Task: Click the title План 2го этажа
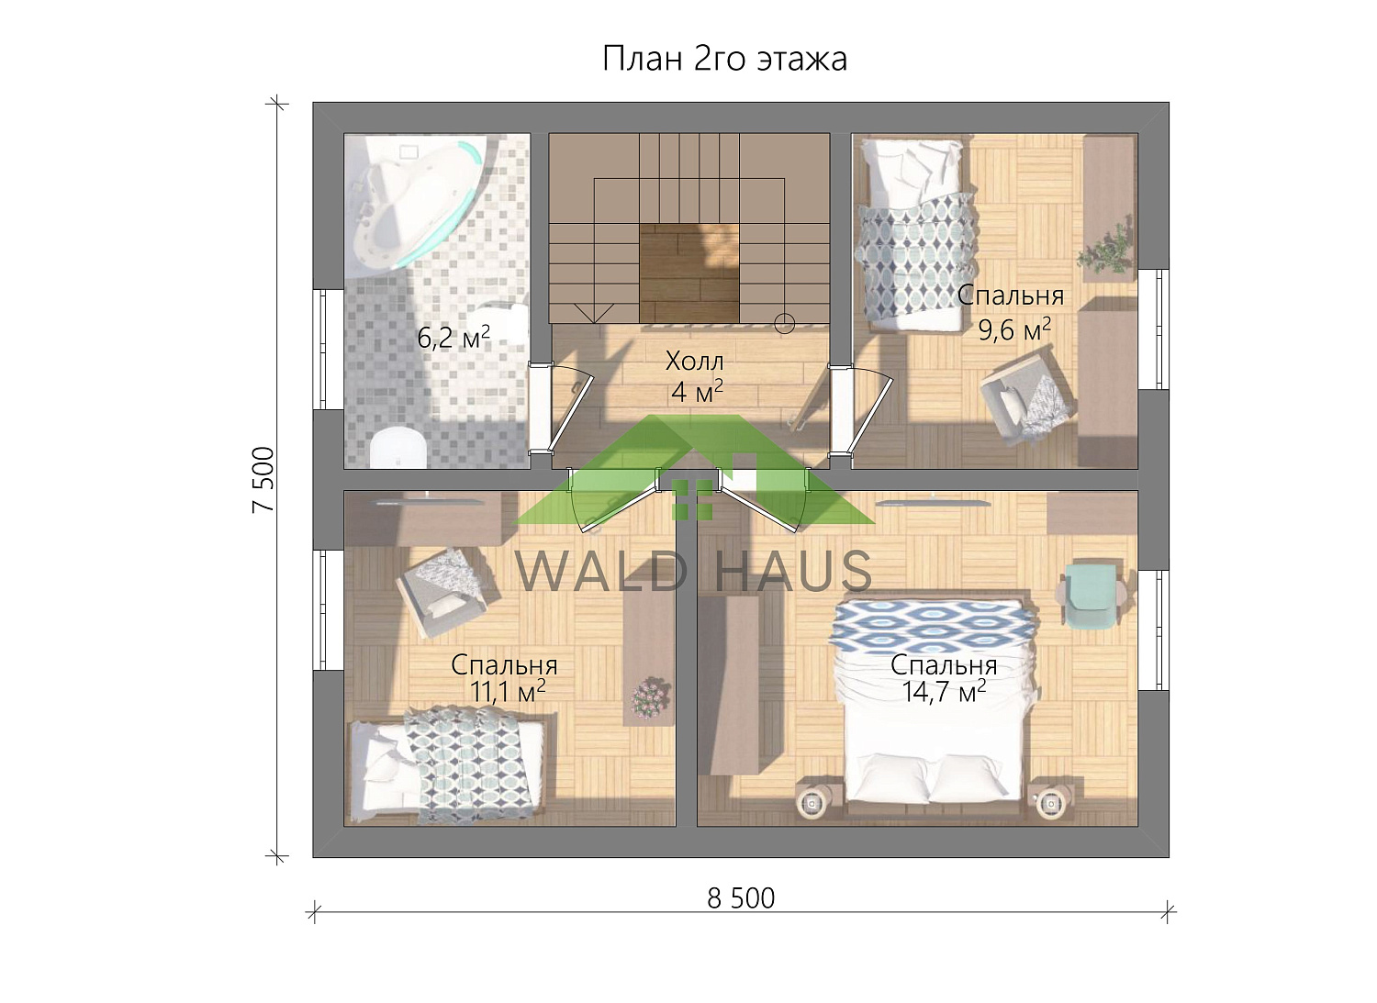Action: (x=724, y=60)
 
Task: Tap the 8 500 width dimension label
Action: (x=741, y=898)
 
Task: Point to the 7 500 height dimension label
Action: (x=263, y=480)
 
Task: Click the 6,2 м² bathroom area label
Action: (x=453, y=337)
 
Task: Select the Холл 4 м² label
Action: (x=695, y=377)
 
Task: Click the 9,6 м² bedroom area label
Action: (x=1014, y=329)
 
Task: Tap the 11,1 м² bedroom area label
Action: (x=508, y=691)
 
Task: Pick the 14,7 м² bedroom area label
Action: (x=944, y=691)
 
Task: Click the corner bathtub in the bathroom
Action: (x=412, y=203)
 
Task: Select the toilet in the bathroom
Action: (x=398, y=448)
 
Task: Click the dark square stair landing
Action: (x=689, y=273)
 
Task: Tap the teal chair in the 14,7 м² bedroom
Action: (x=1091, y=596)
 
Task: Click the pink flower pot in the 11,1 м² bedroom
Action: (x=650, y=697)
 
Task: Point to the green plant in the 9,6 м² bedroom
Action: (x=1106, y=249)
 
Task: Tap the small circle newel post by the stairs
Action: (x=784, y=323)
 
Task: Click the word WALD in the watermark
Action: (x=599, y=572)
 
